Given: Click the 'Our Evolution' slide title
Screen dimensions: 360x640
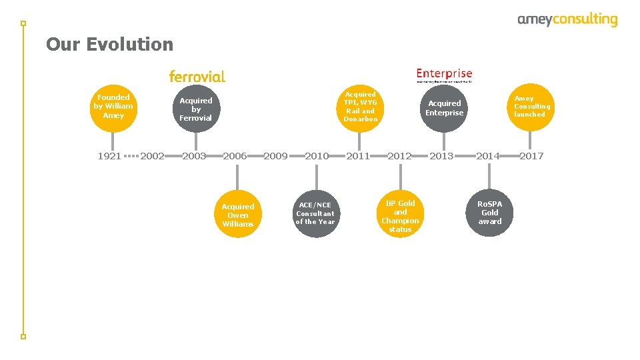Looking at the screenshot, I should pos(109,45).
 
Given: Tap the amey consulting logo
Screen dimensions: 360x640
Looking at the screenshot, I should pos(567,20).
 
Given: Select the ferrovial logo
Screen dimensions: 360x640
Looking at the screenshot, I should pos(197,77).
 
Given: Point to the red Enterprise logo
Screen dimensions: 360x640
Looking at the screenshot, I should pos(444,75).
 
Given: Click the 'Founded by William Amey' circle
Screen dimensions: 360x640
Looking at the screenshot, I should pos(113,107).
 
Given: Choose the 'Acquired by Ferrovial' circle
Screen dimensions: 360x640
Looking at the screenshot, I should pos(196,109).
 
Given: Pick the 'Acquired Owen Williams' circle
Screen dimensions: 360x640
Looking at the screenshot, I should pos(238,215).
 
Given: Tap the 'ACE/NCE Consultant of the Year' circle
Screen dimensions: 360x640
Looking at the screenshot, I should pos(316,213).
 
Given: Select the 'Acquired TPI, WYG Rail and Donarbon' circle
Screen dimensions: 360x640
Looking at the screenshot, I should pos(361,107).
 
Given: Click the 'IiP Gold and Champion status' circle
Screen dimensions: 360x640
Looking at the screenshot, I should pos(400,216).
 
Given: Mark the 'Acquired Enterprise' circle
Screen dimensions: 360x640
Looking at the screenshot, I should pos(445,108).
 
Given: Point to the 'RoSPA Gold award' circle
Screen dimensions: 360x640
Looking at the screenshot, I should pos(490,213).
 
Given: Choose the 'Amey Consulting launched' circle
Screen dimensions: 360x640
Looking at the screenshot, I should pos(531,107).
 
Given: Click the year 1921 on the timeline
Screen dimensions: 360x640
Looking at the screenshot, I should pos(109,156).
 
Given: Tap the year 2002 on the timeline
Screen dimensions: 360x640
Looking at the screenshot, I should pos(153,156).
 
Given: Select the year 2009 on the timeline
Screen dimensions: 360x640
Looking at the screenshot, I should pos(276,156).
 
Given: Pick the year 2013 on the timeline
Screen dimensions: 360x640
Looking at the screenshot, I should pos(441,156).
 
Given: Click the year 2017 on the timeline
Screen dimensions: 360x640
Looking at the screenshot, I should pos(531,156).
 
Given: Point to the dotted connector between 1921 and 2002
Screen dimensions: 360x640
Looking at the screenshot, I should pos(131,156).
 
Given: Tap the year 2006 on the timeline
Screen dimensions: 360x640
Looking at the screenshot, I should pos(235,156).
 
